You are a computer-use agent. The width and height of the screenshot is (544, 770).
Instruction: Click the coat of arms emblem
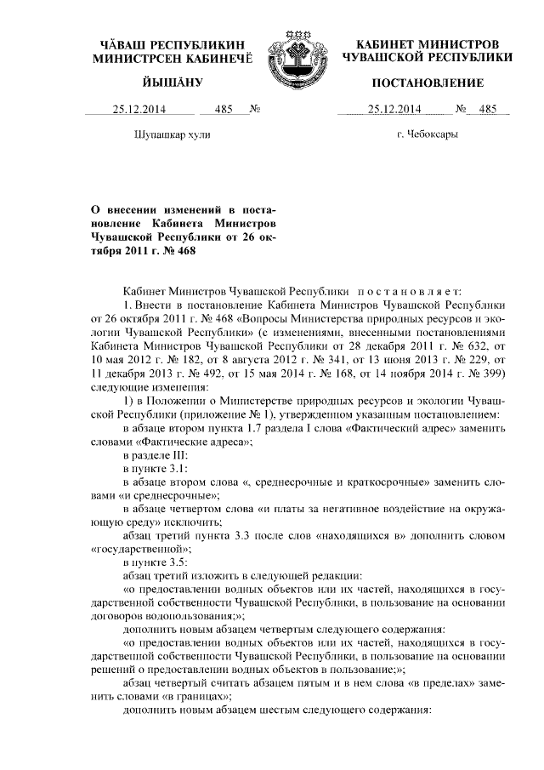[293, 54]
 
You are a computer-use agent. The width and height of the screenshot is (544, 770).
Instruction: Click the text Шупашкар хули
[173, 134]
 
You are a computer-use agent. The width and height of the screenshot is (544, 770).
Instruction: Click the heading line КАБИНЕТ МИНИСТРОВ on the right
[428, 43]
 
